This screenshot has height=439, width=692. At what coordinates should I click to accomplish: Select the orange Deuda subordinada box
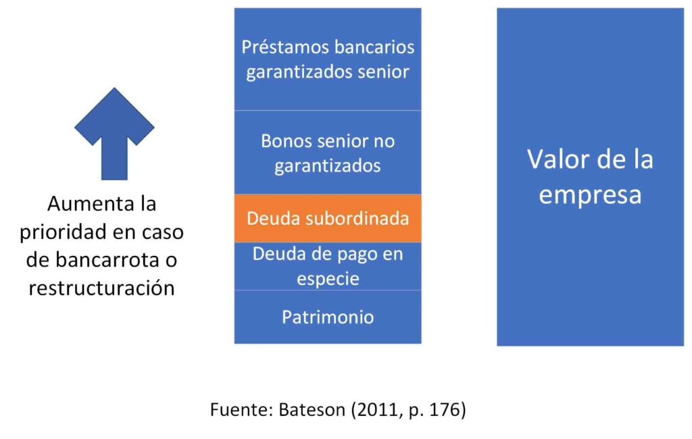pyautogui.click(x=328, y=218)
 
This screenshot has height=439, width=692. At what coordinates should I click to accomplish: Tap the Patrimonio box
pyautogui.click(x=328, y=317)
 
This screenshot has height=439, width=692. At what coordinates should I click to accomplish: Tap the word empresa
pyautogui.click(x=590, y=195)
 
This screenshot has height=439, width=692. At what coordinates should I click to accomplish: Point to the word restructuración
pyautogui.click(x=102, y=288)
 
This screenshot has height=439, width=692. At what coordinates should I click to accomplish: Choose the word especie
pyautogui.click(x=328, y=279)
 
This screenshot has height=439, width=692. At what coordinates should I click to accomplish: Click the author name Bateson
pyautogui.click(x=312, y=410)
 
